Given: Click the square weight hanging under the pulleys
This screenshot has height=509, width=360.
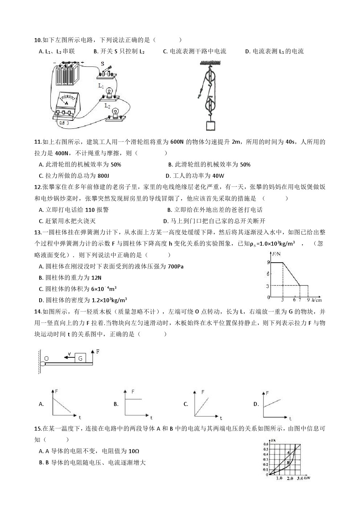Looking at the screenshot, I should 210,125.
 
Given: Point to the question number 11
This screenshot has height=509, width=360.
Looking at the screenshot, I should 37,142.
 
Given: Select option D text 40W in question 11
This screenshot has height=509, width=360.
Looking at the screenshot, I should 218,176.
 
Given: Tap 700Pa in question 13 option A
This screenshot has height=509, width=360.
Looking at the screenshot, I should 176,267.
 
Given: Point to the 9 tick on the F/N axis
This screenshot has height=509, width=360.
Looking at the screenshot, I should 268,262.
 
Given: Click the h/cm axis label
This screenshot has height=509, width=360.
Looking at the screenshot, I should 316,300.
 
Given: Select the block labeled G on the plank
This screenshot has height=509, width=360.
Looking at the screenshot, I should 80,358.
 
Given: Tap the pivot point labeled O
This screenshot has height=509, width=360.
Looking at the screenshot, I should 46,359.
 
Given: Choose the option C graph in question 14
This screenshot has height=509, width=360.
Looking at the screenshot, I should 206,403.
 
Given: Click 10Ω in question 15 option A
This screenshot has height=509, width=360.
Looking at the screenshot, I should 134,451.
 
